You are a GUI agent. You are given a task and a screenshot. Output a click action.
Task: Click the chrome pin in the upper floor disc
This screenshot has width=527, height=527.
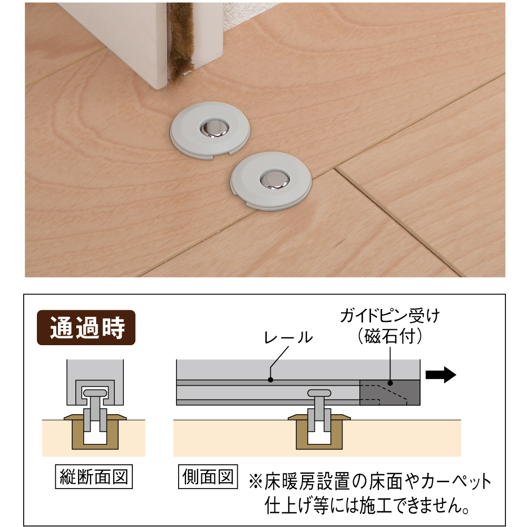coord(214,129)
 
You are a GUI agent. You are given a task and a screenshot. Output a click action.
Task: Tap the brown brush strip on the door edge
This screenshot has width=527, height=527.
coord(179,43)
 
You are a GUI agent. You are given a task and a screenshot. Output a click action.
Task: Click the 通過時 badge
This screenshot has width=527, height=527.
coord(86,327)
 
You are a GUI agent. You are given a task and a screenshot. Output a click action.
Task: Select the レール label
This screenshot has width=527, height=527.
coord(289,337)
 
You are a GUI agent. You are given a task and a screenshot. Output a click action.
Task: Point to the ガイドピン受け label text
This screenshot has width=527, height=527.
coord(389,316)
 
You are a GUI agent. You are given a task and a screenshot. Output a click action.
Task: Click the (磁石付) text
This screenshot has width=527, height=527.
coord(389,336)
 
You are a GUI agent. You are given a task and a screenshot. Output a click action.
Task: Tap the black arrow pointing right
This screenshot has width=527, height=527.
coord(441,374)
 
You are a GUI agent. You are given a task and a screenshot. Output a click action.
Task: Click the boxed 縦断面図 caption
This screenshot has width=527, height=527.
coord(94,476)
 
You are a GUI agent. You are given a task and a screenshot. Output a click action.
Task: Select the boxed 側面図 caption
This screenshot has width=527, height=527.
coord(208,476)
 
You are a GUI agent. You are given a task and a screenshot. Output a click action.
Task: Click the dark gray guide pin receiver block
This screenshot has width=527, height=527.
coord(390,393)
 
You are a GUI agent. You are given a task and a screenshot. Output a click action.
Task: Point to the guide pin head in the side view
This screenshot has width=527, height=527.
coord(319,393)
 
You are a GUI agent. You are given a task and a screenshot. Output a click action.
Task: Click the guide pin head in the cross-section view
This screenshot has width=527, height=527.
coord(95,393)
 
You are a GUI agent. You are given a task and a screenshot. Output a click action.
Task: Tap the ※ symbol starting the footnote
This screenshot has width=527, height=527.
coord(256,482)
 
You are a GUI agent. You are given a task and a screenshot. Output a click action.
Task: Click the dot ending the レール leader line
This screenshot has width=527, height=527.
coord(270,380)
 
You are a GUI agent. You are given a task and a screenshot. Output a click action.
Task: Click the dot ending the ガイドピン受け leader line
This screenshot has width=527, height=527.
coord(390,383)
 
